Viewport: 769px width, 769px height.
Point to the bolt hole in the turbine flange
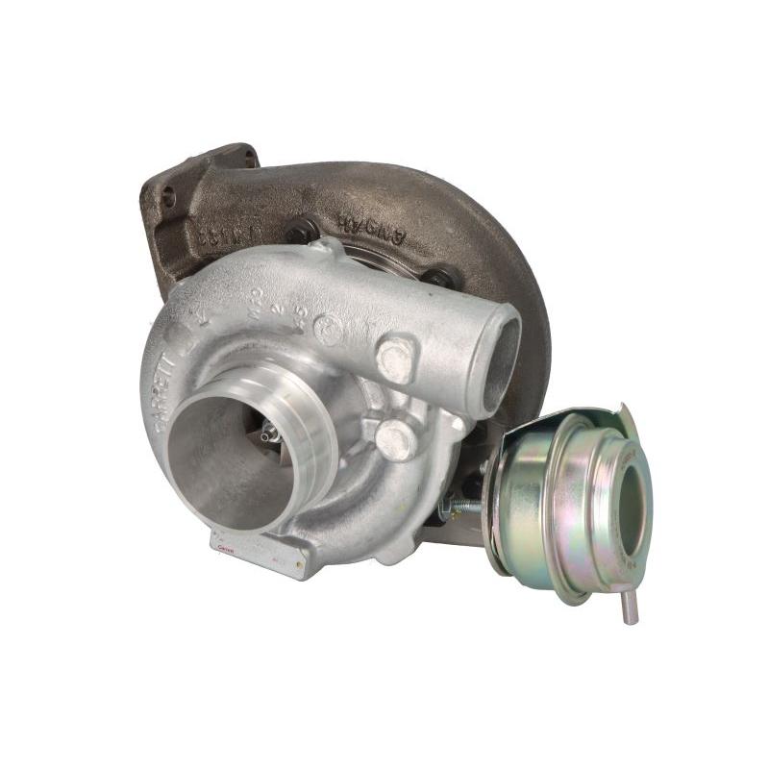pyautogui.click(x=169, y=199)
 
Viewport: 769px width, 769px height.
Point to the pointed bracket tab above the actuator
pyautogui.click(x=626, y=415)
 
